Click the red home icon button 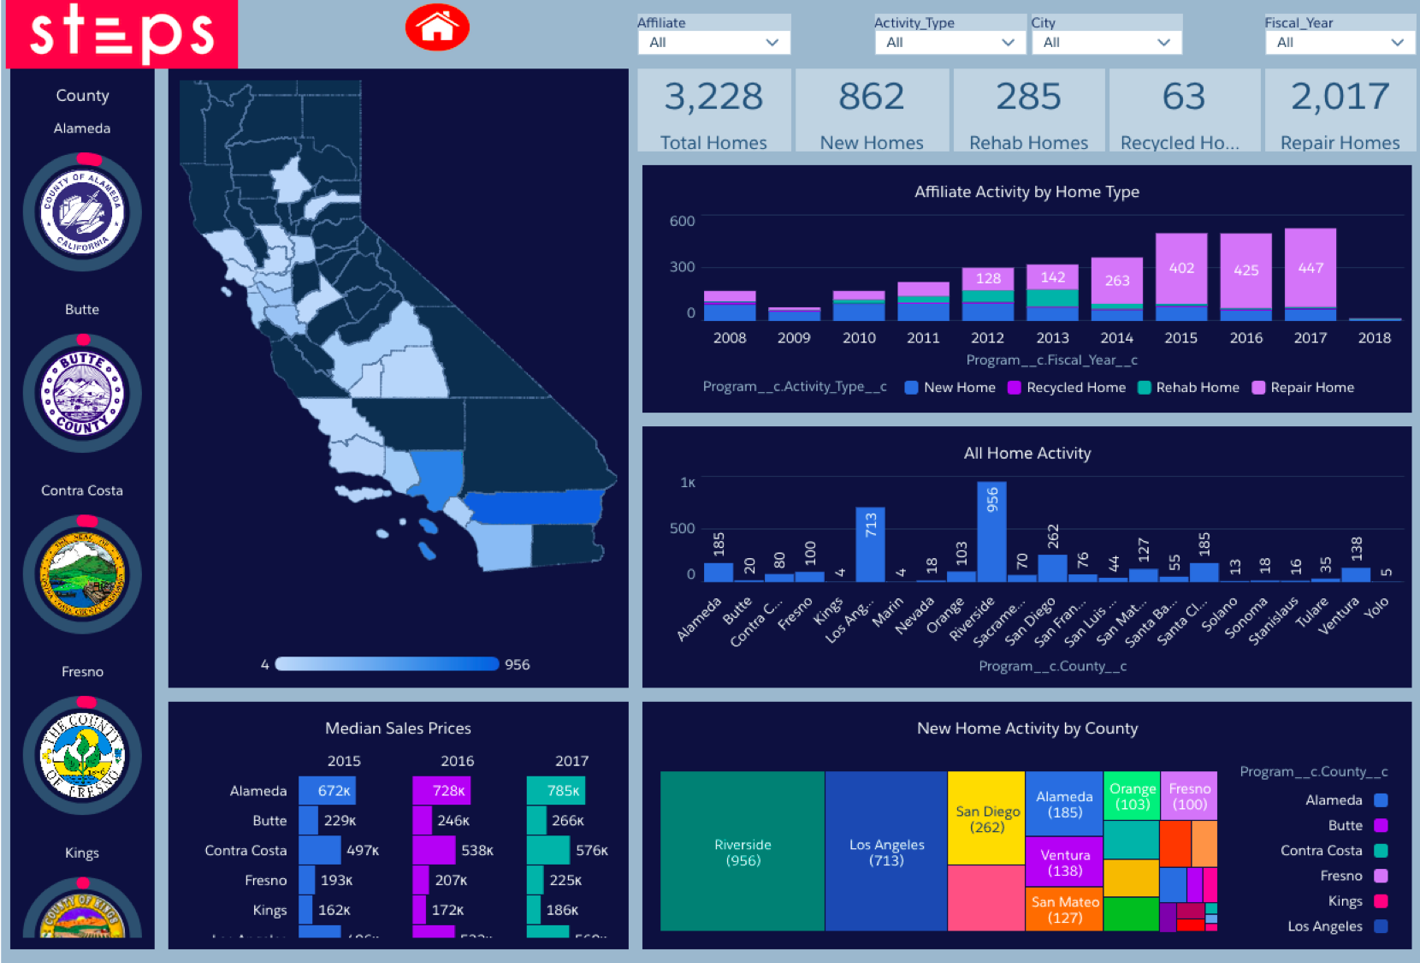437,27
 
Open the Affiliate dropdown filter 713,42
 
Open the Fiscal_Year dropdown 1339,42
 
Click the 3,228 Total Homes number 713,97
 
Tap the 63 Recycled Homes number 1183,97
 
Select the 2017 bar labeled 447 1310,268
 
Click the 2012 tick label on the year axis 987,338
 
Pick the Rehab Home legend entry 1189,388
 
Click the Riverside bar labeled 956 991,531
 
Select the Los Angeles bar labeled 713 870,544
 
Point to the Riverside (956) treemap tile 743,852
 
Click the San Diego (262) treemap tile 987,818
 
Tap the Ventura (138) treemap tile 1065,862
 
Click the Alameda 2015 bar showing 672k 328,791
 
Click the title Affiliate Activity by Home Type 1027,192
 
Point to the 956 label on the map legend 517,664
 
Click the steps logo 121,33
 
